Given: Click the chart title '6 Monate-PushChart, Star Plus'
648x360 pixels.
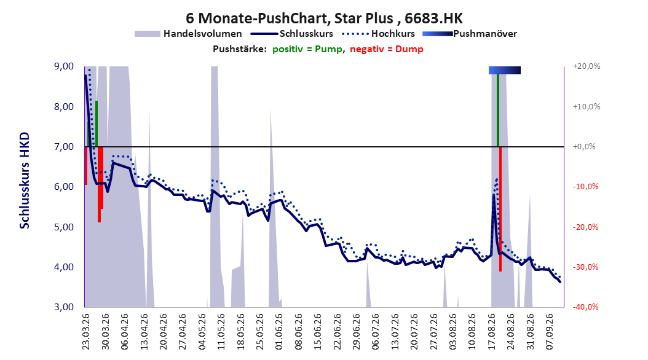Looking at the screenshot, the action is pyautogui.click(x=289, y=18).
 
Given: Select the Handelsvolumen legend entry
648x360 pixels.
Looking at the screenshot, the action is pyautogui.click(x=188, y=34).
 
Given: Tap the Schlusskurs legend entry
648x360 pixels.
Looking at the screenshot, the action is pyautogui.click(x=292, y=34).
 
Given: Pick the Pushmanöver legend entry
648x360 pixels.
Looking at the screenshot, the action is pyautogui.click(x=470, y=34).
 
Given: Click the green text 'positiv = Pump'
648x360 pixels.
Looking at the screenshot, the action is pyautogui.click(x=307, y=49).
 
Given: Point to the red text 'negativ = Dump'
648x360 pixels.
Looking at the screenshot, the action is pyautogui.click(x=387, y=49).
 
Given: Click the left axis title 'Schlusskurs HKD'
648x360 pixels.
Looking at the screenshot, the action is pyautogui.click(x=25, y=181).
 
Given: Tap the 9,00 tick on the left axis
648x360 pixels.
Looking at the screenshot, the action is pyautogui.click(x=64, y=66).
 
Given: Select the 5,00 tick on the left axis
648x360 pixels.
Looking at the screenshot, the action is pyautogui.click(x=64, y=227).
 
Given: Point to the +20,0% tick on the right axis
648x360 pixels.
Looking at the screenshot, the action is pyautogui.click(x=587, y=66).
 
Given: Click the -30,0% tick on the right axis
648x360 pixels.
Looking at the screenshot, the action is pyautogui.click(x=585, y=267).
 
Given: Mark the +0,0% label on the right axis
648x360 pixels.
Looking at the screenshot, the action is pyautogui.click(x=584, y=147).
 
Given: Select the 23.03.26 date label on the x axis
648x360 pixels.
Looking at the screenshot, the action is pyautogui.click(x=86, y=332).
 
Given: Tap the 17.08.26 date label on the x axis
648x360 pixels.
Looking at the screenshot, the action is pyautogui.click(x=492, y=332).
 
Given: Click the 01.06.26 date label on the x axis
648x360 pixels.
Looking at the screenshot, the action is pyautogui.click(x=279, y=332).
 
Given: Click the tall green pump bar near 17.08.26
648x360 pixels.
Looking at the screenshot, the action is pyautogui.click(x=498, y=110).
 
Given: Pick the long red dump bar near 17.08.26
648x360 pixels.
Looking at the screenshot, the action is pyautogui.click(x=500, y=209).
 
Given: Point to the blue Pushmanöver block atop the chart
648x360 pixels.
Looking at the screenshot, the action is pyautogui.click(x=505, y=70).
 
